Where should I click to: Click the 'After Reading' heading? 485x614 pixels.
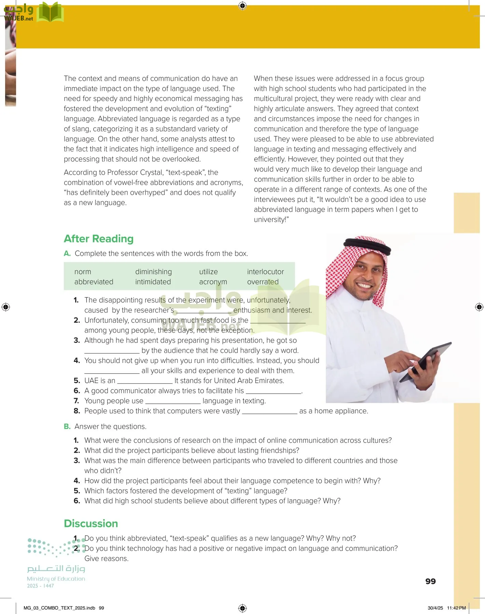99,239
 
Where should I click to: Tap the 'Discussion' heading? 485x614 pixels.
91,524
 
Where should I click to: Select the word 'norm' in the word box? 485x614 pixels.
83,272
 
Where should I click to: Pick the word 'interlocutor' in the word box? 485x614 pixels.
265,272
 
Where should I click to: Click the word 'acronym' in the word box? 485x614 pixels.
213,282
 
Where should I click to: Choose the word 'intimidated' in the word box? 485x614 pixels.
153,282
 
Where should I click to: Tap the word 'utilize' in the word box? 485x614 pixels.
208,272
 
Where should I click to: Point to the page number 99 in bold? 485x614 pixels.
430,581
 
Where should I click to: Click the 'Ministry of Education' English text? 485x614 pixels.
56,579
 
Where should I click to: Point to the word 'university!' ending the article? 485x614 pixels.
271,220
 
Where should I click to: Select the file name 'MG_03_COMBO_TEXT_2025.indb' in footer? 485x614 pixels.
59,608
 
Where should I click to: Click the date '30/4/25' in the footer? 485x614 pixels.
435,608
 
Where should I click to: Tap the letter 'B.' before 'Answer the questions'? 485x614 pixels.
67,427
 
